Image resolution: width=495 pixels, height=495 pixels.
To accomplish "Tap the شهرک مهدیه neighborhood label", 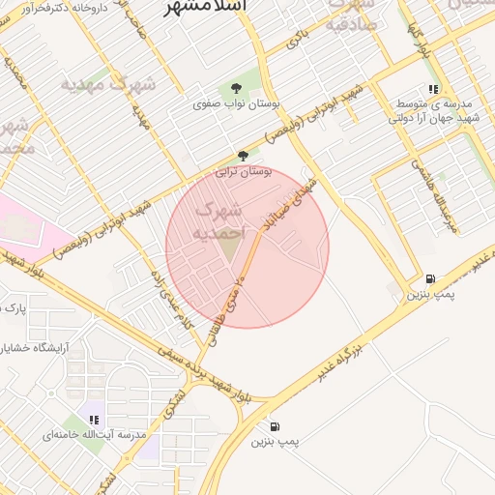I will click(108, 83).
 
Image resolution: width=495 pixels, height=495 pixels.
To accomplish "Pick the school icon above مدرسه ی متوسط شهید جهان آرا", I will click(434, 88).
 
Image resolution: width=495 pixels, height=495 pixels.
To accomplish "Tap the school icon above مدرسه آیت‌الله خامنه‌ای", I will click(94, 420).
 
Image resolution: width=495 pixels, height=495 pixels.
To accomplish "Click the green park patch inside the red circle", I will click(227, 248).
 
